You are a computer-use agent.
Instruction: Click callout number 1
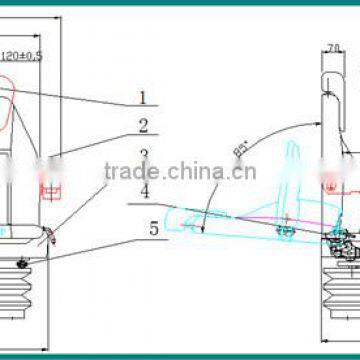tap(142, 98)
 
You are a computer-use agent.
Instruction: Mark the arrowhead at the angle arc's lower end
tap(206, 229)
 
